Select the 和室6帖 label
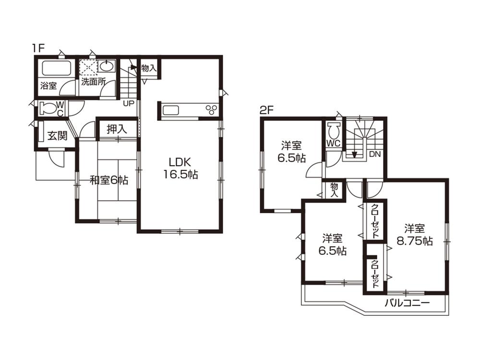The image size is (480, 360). pyautogui.click(x=109, y=180)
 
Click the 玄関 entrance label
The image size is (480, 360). pyautogui.click(x=57, y=136)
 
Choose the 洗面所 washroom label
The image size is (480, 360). pyautogui.click(x=93, y=81)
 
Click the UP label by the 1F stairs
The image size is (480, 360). pyautogui.click(x=129, y=103)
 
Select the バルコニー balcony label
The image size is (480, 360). pyautogui.click(x=408, y=303)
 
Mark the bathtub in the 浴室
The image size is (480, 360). pyautogui.click(x=56, y=69)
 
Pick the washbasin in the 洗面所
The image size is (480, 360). pyautogui.click(x=107, y=67)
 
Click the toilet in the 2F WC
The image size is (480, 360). pyautogui.click(x=334, y=130)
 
